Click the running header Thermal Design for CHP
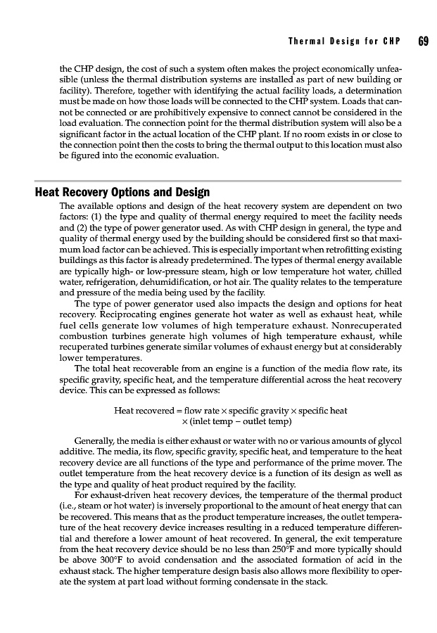click(344, 41)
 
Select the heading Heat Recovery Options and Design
click(122, 193)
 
